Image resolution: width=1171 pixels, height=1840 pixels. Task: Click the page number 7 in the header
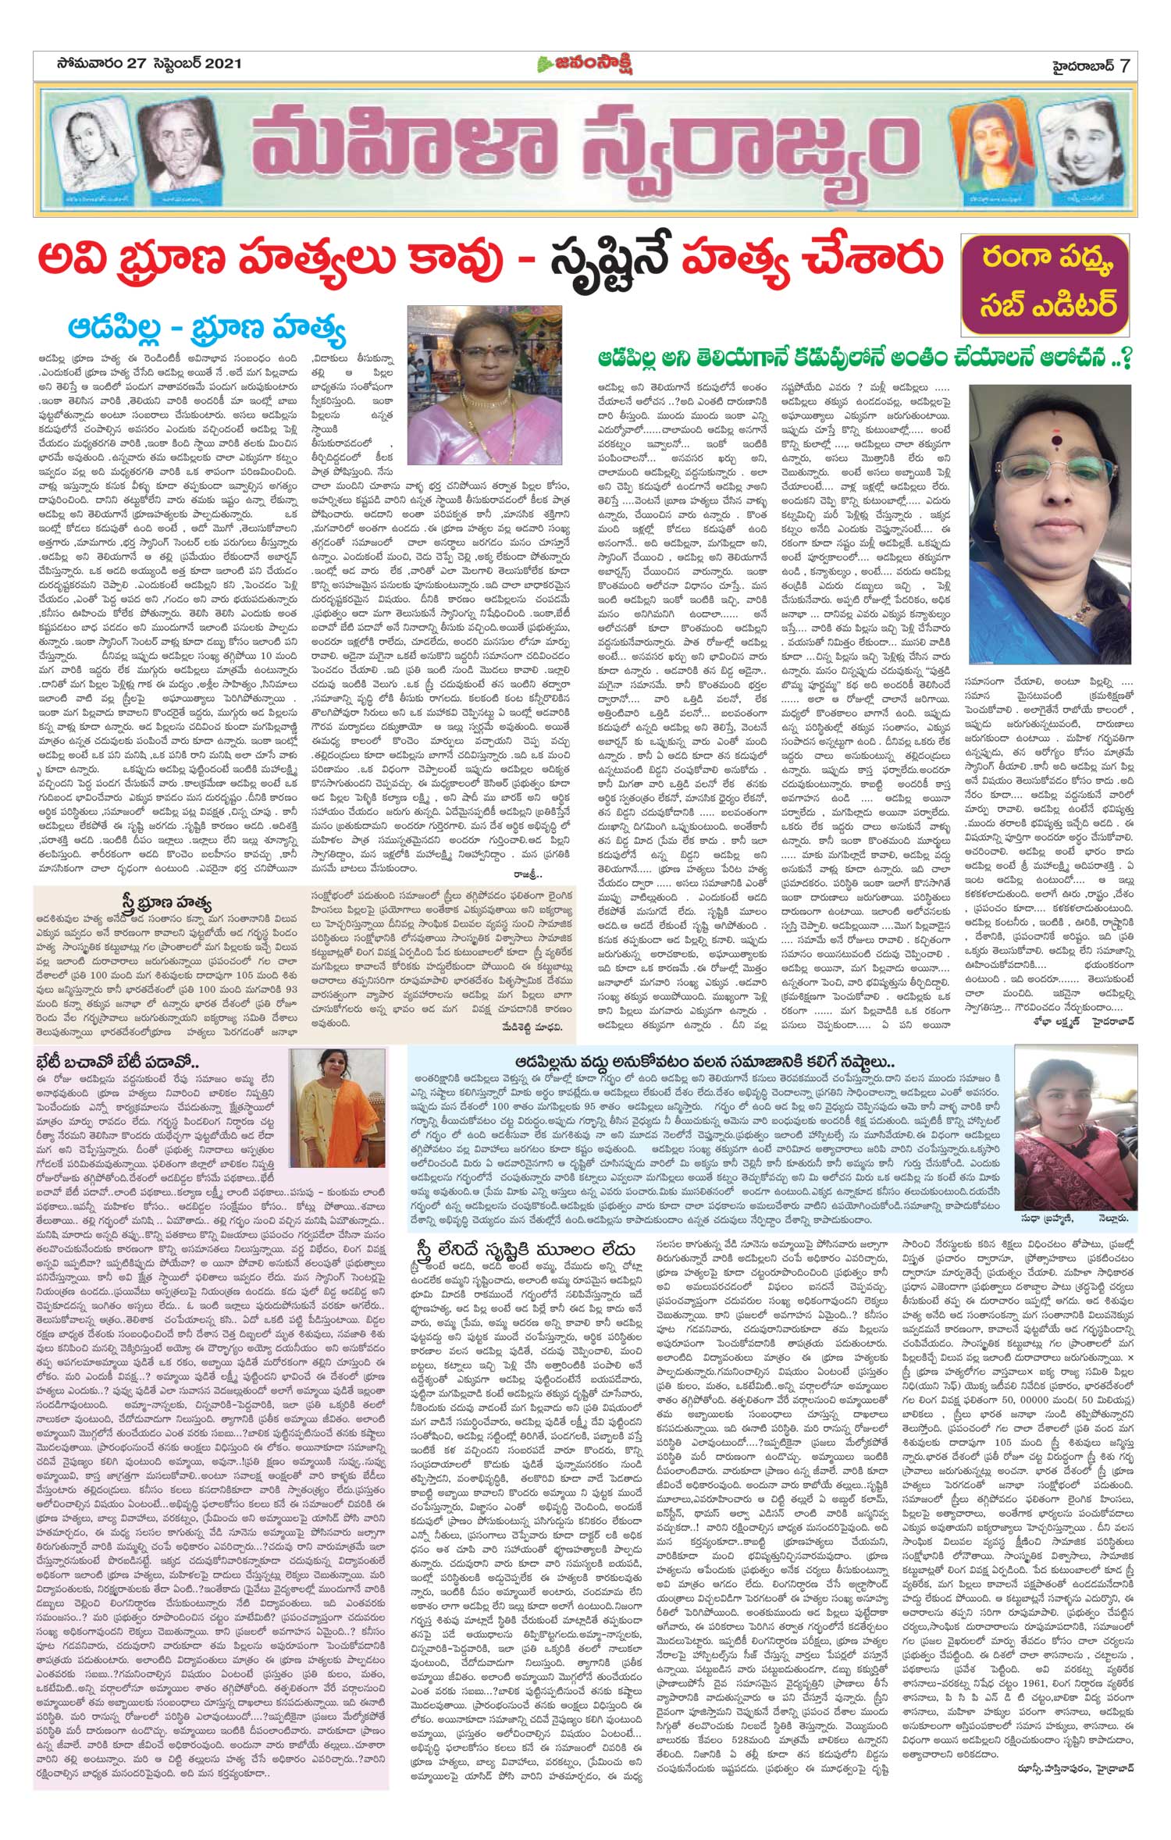coord(1124,64)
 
